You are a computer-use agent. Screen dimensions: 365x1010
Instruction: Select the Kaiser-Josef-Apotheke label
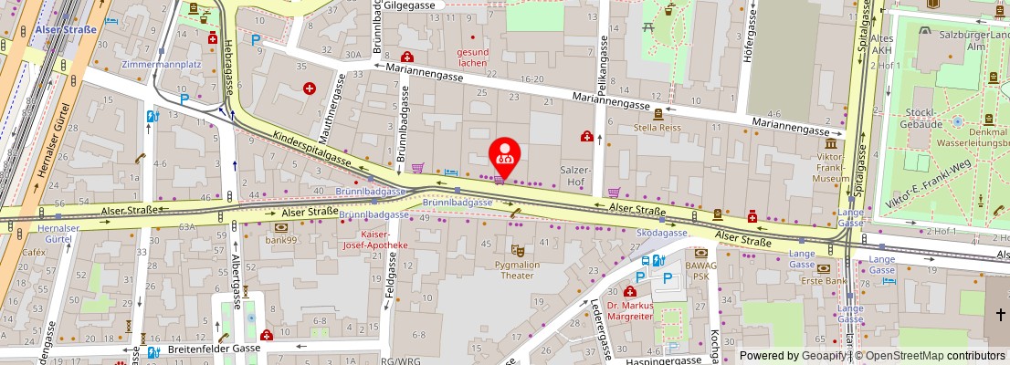(374, 239)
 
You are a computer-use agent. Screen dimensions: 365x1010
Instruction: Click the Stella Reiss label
(658, 129)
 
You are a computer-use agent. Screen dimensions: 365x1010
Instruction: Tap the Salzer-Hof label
(575, 177)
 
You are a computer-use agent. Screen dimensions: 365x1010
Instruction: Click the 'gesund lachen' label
(472, 57)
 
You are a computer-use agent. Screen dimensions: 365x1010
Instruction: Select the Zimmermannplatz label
(161, 66)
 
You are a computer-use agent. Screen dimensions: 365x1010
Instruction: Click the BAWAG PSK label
(701, 269)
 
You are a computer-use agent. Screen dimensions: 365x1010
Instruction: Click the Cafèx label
(35, 252)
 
